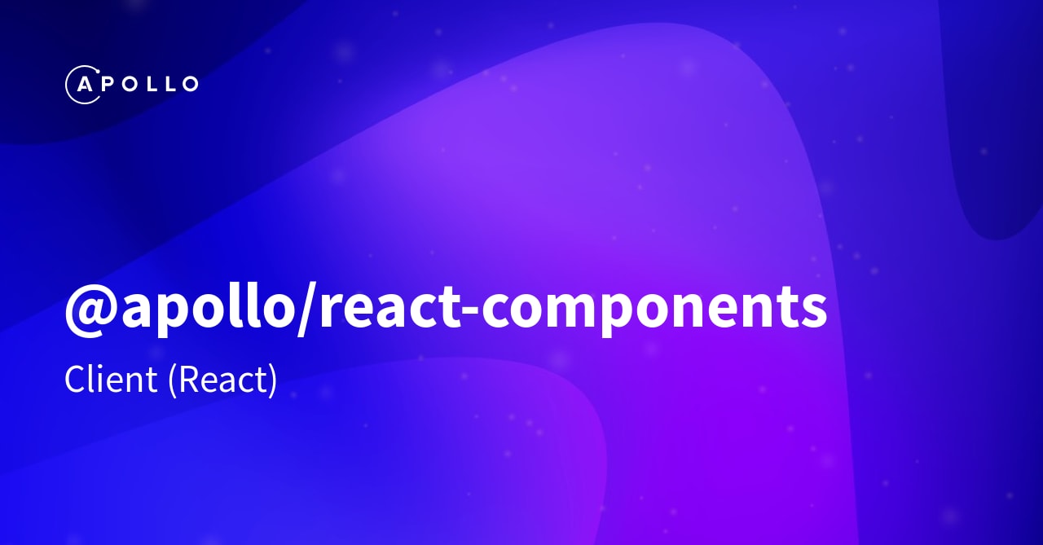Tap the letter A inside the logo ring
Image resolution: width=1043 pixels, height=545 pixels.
[83, 84]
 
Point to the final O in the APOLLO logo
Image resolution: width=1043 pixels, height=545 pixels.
[187, 84]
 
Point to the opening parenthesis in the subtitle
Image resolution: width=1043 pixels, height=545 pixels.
[172, 381]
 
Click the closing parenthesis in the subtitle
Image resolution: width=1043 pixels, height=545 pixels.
[273, 381]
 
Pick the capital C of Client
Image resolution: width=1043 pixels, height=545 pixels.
[75, 380]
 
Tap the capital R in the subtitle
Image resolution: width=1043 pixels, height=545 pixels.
[187, 380]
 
